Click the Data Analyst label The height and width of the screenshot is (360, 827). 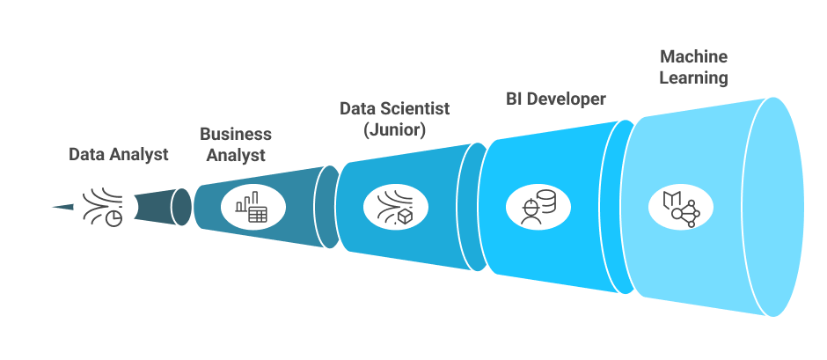tap(119, 155)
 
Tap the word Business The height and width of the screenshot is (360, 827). tap(236, 135)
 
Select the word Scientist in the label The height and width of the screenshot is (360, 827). tap(413, 109)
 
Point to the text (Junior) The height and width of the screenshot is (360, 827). tap(395, 130)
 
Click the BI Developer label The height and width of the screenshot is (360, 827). tap(555, 99)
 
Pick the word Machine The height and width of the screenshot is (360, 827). tap(694, 56)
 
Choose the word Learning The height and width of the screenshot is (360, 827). tap(694, 77)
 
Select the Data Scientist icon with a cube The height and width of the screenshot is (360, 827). tap(395, 207)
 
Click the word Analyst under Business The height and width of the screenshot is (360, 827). tap(236, 156)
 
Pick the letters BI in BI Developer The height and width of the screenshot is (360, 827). tap(515, 99)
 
